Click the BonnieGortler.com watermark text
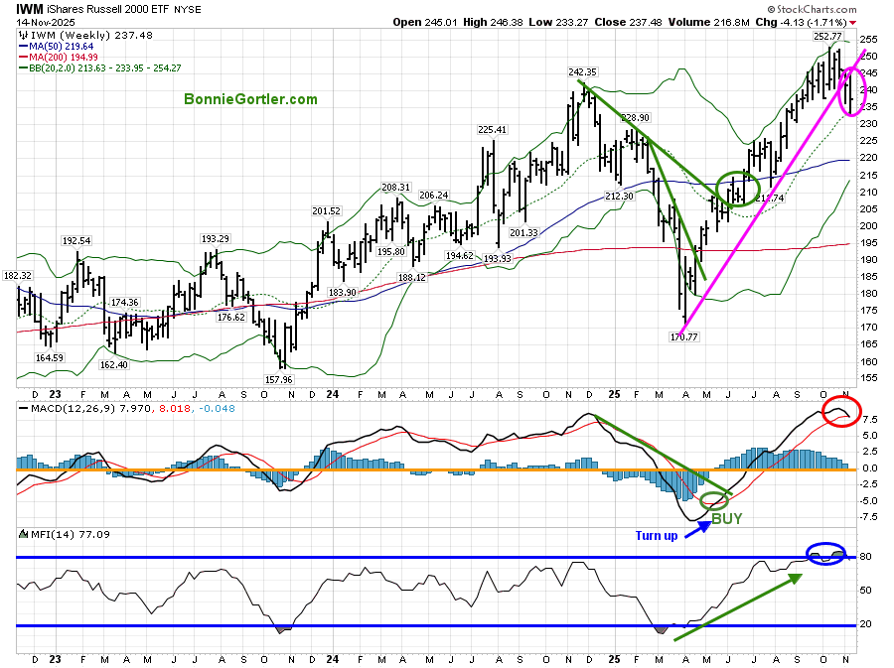[x=250, y=99]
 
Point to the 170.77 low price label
[x=685, y=337]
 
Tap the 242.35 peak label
[x=581, y=71]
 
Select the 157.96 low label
[x=282, y=379]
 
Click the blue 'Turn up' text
[x=657, y=536]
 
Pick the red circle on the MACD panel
[x=842, y=411]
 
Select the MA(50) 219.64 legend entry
[x=62, y=45]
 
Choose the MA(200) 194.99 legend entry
[x=65, y=57]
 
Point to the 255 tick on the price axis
[x=867, y=40]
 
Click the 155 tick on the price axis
[x=867, y=378]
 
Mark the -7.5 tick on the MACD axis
[x=867, y=516]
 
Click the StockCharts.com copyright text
[x=832, y=9]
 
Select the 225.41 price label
[x=493, y=129]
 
